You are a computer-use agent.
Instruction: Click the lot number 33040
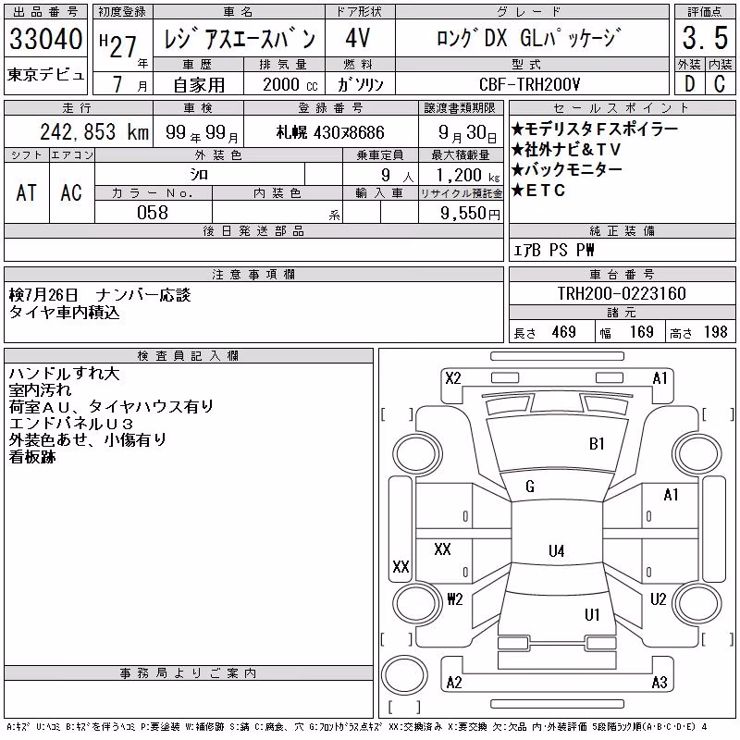coord(45,38)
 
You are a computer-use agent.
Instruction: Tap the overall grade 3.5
coord(705,38)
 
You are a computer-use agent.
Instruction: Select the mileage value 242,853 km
coord(94,131)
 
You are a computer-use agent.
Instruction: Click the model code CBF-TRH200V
coord(529,84)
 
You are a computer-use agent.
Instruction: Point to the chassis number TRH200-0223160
coord(622,293)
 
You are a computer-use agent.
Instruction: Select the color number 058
coord(153,213)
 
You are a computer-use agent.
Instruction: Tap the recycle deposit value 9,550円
coord(470,214)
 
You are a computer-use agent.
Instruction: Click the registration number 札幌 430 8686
coord(330,132)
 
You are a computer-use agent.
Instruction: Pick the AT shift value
coord(26,192)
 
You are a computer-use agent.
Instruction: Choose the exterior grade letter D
coord(689,84)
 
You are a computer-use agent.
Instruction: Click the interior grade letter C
coord(720,84)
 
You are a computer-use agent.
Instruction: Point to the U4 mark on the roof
coord(557,550)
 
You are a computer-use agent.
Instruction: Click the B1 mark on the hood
coord(597,444)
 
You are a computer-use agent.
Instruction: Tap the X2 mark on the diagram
coord(453,378)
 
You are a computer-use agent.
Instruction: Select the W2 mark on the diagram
coord(455,599)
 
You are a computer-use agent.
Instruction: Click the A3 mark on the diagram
coord(660,683)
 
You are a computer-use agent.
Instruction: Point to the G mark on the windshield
coord(530,487)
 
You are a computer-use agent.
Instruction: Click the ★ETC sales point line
coord(538,191)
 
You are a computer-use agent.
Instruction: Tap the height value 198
coord(716,332)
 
